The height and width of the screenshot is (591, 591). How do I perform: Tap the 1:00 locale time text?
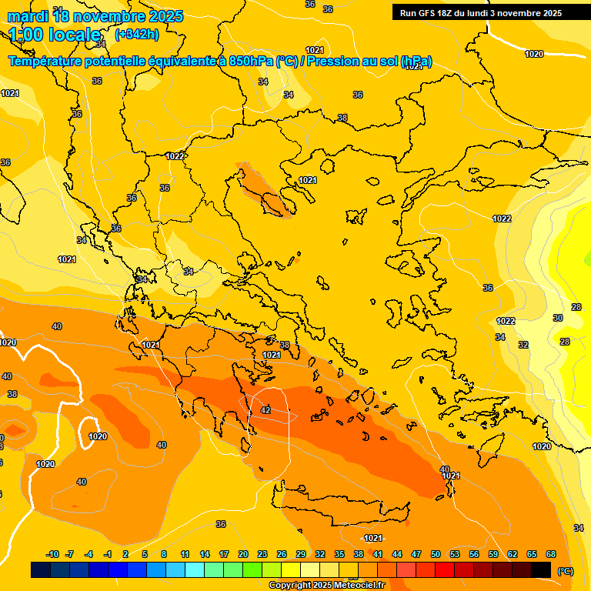tap(55, 35)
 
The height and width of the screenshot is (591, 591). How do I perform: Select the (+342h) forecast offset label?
tap(138, 35)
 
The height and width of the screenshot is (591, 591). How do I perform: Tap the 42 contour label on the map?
tap(265, 410)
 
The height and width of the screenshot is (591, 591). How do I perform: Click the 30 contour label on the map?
tap(558, 318)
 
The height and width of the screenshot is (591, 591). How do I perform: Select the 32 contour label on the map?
tap(523, 345)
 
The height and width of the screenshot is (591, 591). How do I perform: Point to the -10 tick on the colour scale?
tap(52, 554)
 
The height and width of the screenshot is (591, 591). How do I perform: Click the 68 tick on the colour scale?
tap(551, 554)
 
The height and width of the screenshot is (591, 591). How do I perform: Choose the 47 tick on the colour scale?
tap(416, 554)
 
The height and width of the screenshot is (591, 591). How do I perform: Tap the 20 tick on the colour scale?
tap(243, 554)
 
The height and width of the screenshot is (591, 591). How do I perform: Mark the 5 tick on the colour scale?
tap(145, 554)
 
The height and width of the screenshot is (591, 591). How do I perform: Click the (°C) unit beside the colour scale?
tap(565, 570)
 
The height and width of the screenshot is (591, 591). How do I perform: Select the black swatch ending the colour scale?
tap(542, 569)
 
